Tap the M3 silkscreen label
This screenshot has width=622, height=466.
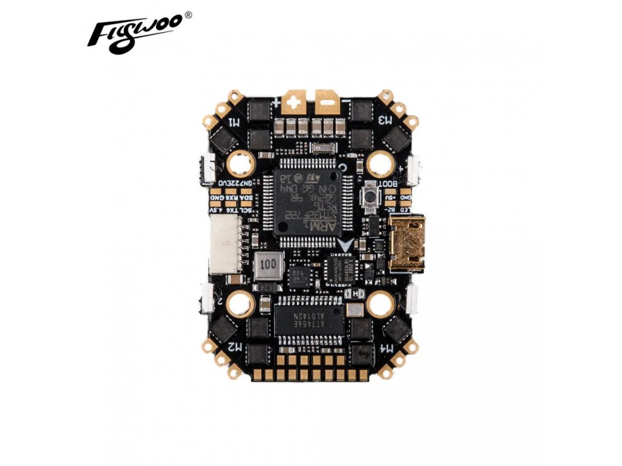point(384,119)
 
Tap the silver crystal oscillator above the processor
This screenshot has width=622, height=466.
point(322,149)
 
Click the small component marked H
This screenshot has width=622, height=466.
point(355,292)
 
